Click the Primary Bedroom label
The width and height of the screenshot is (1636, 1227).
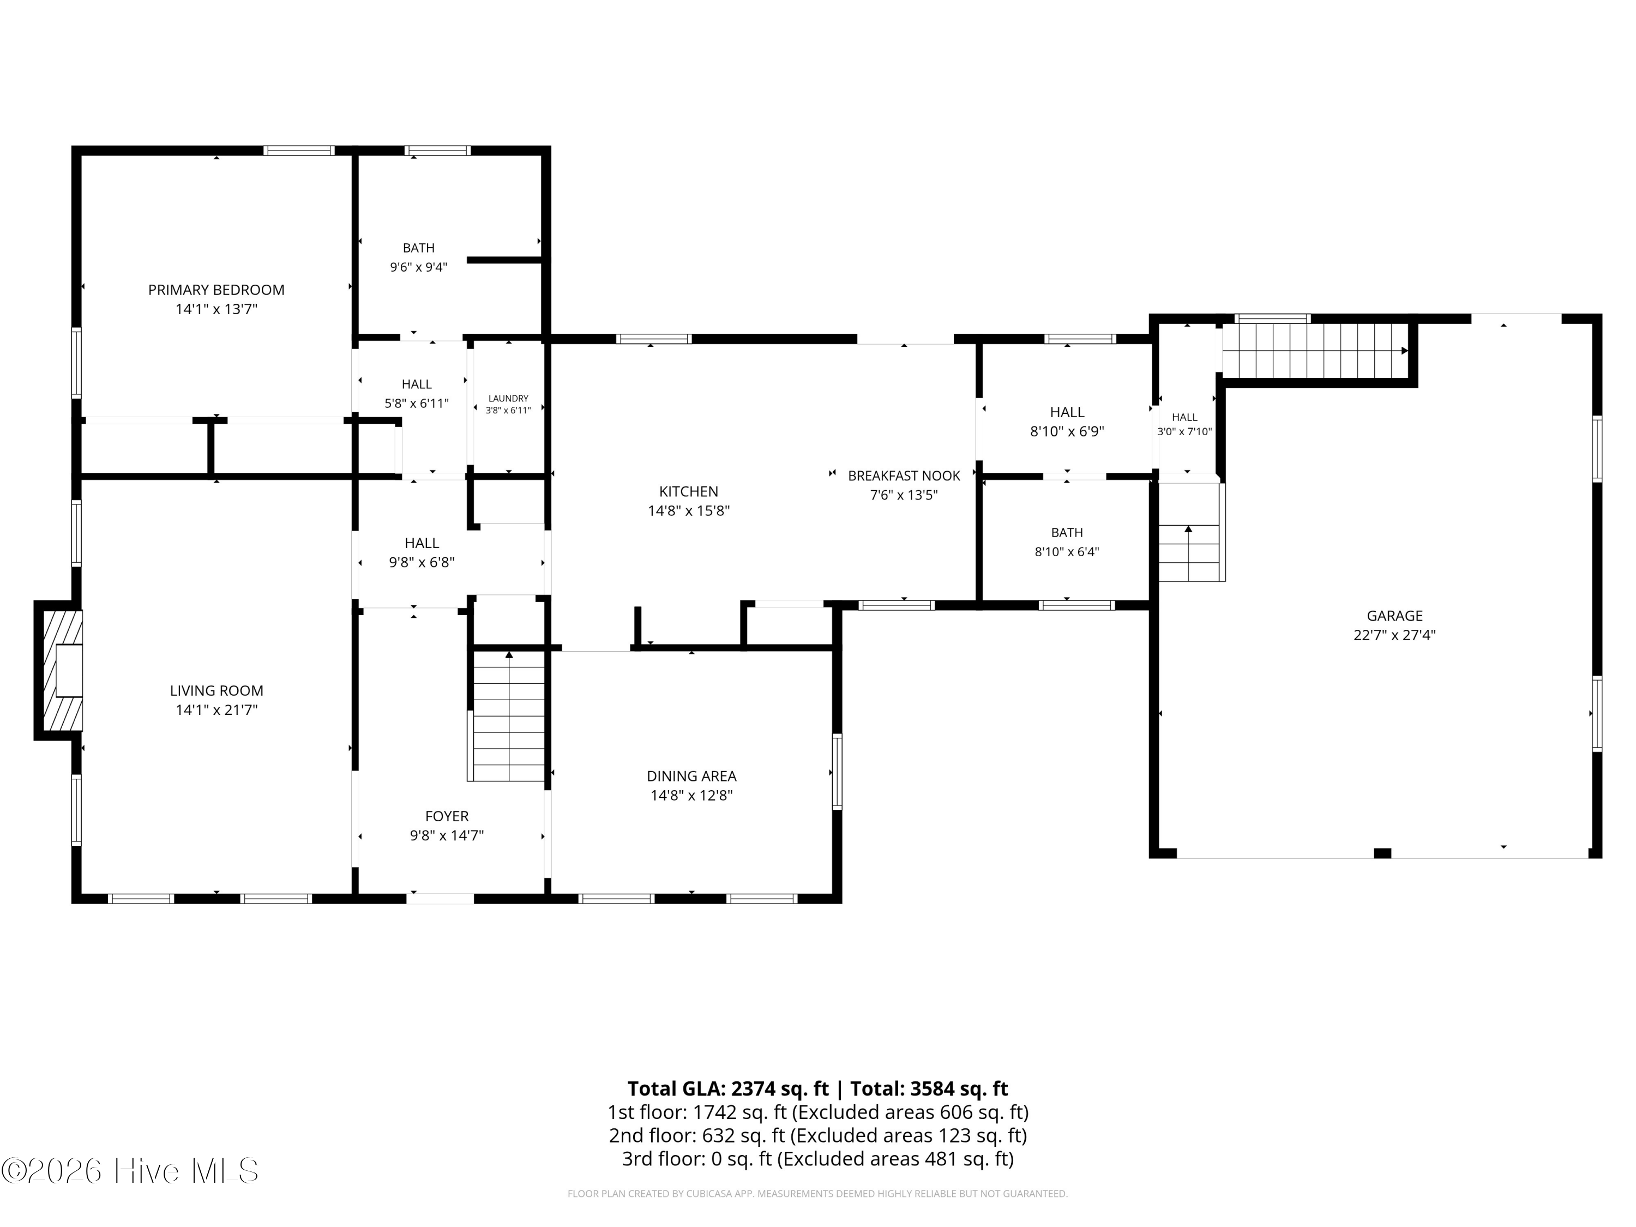pos(216,290)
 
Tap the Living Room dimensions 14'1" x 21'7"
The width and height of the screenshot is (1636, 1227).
pos(216,710)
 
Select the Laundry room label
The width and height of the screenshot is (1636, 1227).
pos(508,399)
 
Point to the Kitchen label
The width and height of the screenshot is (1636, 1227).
pos(689,491)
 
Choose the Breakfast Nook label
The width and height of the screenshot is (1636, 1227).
pos(904,476)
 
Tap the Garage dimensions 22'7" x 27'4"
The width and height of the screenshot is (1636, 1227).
pos(1394,635)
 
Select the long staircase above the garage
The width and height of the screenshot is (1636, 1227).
pos(1315,351)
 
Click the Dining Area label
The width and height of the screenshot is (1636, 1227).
pos(691,776)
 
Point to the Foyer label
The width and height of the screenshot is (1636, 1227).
pos(447,816)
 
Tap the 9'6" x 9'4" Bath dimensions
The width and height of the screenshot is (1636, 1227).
pos(419,267)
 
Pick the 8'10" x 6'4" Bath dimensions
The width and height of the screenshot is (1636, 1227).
pos(1067,552)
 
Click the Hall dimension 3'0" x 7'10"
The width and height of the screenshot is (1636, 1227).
pos(1184,432)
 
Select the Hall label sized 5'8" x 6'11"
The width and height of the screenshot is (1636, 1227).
pos(417,384)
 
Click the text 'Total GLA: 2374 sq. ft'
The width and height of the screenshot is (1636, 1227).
pos(728,1088)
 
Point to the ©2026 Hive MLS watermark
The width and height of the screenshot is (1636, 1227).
pos(130,1171)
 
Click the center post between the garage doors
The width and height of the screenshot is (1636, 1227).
pos(1382,853)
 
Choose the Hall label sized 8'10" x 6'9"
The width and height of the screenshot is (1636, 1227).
pos(1067,412)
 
